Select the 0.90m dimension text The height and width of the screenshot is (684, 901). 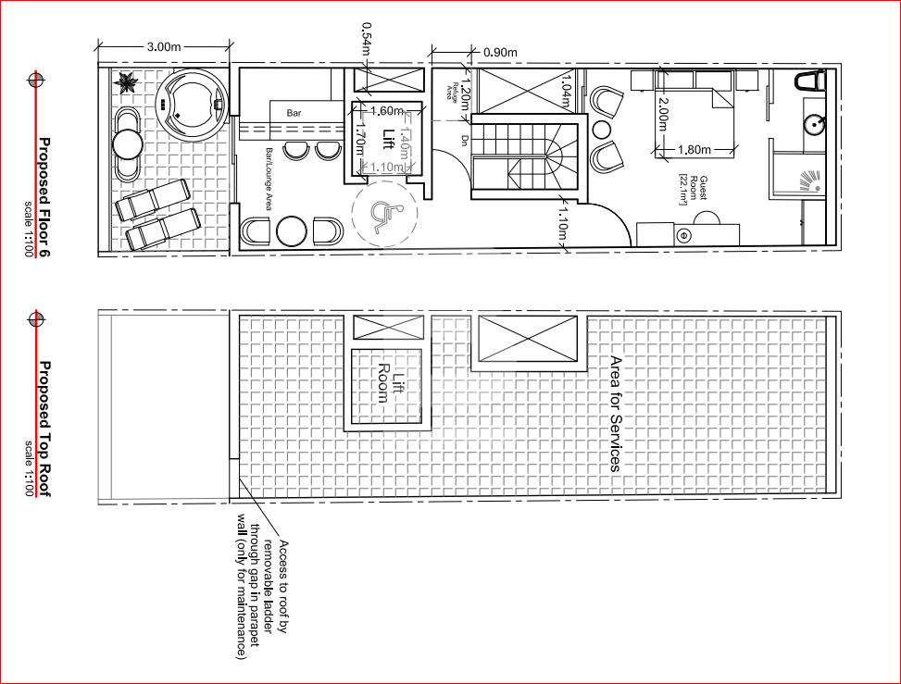(500, 52)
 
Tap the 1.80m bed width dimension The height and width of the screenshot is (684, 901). (695, 149)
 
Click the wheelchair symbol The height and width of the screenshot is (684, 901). (382, 217)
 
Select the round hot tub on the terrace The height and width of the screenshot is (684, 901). (192, 102)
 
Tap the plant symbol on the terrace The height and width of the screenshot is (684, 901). (124, 83)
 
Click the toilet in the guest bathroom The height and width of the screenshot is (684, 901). (810, 81)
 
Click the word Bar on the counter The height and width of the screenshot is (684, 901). (294, 113)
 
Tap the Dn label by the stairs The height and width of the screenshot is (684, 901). (464, 140)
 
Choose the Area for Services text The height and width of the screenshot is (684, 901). (614, 413)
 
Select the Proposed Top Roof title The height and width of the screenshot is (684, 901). (44, 428)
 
